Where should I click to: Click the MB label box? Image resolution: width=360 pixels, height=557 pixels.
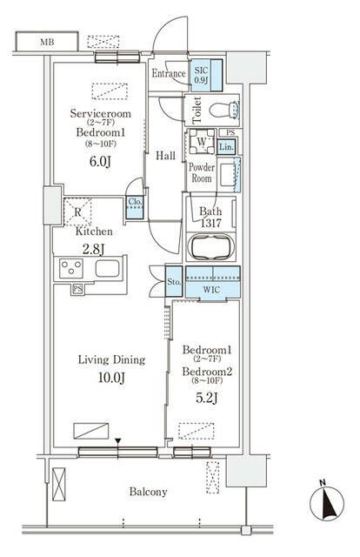click(47, 42)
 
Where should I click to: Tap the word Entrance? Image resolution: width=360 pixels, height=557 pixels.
click(169, 73)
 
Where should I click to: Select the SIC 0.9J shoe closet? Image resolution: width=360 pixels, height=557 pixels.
click(206, 75)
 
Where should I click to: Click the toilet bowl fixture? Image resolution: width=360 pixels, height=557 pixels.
click(224, 110)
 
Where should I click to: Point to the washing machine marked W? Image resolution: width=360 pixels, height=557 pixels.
click(201, 141)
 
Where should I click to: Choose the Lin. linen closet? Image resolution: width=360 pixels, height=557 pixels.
click(226, 146)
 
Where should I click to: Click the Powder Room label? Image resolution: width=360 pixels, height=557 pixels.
click(201, 172)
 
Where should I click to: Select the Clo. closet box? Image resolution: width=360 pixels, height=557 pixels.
click(135, 207)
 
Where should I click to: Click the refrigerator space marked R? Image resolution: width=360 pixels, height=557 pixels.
click(77, 212)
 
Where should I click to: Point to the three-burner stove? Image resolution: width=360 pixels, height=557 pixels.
click(71, 268)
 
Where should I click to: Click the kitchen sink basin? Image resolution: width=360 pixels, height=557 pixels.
click(107, 269)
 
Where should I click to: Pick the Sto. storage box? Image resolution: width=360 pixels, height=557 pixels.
click(174, 282)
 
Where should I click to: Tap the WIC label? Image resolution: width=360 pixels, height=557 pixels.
click(211, 290)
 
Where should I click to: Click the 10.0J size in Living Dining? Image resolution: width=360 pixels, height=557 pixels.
click(111, 378)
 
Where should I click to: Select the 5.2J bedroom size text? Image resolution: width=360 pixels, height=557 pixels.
click(206, 399)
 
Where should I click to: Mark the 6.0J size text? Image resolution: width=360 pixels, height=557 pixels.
click(100, 162)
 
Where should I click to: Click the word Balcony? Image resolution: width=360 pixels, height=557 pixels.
click(148, 492)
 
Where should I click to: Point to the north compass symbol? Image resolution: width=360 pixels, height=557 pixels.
click(327, 503)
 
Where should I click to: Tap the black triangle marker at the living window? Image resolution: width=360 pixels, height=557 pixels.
click(118, 441)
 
